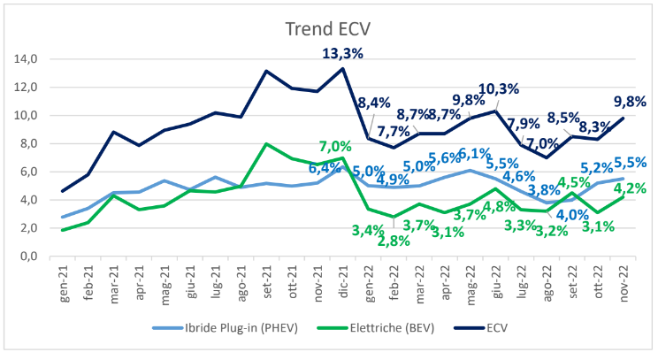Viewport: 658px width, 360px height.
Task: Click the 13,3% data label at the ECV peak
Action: click(x=340, y=53)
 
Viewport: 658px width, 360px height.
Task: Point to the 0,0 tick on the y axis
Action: click(x=26, y=257)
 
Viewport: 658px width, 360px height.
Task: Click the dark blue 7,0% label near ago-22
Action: click(x=542, y=144)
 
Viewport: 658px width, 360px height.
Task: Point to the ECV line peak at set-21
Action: click(x=266, y=71)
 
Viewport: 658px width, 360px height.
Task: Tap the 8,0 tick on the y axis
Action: click(x=26, y=144)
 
